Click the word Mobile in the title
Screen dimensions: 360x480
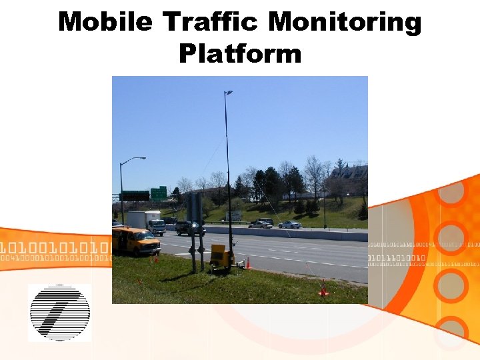[105, 23]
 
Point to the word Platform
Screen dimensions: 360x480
[240, 53]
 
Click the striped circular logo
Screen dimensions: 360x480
[59, 312]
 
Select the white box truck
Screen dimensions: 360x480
[147, 222]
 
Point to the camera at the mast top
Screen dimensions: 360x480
[229, 93]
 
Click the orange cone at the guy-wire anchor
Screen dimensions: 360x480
[323, 291]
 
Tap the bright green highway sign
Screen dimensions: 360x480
[159, 193]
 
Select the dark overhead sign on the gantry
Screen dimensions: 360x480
[135, 195]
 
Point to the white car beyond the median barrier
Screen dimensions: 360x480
[290, 225]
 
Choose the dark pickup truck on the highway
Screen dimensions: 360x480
[189, 229]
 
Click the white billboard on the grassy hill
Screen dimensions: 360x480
[233, 215]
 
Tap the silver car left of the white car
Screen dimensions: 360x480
[261, 224]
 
